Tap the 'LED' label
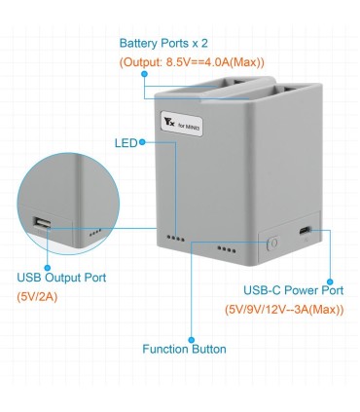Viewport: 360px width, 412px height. pos(126,142)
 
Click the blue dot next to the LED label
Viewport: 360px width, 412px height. pos(142,142)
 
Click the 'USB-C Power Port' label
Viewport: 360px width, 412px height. pos(292,290)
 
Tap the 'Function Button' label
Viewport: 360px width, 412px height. pos(184,348)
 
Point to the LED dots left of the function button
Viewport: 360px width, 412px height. pos(226,249)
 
